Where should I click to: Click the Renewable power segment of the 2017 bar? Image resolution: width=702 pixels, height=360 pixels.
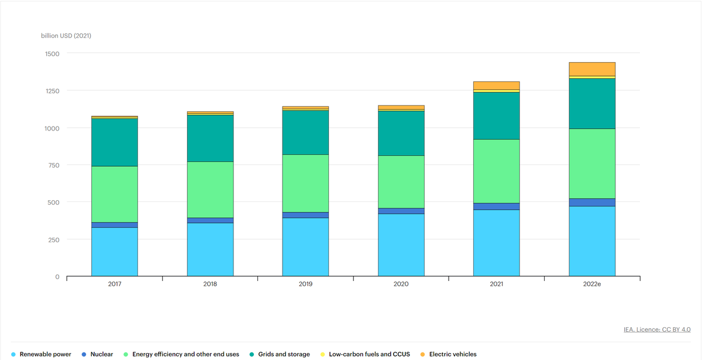[115, 252]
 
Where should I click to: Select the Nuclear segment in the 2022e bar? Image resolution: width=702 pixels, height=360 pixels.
[592, 203]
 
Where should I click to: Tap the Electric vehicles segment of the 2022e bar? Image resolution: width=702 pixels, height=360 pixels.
[592, 69]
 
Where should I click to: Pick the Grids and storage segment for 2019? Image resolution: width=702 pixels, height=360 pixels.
[305, 132]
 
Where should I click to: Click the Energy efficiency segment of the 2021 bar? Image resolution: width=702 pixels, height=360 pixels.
[496, 171]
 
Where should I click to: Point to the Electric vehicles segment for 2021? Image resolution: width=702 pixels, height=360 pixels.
[496, 85]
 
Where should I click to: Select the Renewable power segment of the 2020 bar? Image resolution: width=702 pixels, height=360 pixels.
[401, 245]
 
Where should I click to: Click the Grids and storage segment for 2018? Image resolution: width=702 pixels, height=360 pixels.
[210, 138]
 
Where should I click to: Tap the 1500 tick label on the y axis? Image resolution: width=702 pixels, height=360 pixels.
[52, 54]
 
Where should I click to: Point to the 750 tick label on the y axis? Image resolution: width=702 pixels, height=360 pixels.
[54, 166]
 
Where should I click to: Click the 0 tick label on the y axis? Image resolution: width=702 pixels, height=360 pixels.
[57, 277]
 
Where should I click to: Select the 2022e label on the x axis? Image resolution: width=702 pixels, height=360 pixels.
[592, 284]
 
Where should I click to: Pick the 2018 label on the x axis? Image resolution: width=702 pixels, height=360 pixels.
[210, 284]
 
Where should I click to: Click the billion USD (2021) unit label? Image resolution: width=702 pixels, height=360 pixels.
[66, 36]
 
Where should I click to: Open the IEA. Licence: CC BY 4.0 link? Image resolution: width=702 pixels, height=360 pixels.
[657, 330]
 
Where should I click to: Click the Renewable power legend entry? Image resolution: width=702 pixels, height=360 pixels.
[45, 354]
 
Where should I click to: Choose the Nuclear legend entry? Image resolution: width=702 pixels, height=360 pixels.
[101, 354]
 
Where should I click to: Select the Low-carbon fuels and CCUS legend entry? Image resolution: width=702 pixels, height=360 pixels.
[369, 354]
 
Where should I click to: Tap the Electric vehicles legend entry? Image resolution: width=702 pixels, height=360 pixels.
[452, 354]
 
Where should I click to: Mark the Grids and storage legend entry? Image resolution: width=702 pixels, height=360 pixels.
[284, 354]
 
